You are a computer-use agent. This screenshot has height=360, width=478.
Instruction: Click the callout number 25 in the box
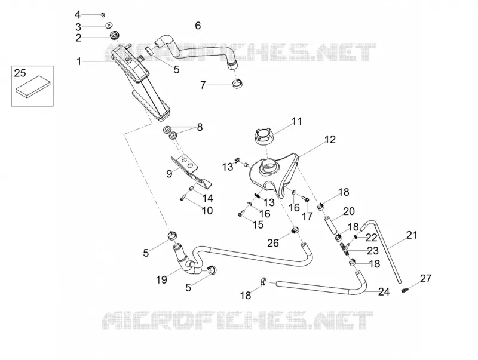(x=20, y=73)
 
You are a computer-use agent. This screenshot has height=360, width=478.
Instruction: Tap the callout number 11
(x=296, y=121)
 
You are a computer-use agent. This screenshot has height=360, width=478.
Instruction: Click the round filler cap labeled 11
(x=263, y=137)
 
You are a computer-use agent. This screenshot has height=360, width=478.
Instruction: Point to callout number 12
(x=330, y=140)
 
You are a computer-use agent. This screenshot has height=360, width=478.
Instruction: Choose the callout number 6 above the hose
(x=198, y=26)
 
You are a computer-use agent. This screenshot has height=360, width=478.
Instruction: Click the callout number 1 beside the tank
(x=79, y=61)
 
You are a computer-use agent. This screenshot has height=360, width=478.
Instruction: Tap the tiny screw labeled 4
(x=103, y=14)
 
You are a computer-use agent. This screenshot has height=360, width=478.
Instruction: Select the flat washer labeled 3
(x=109, y=25)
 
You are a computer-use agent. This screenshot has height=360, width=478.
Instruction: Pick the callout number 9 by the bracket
(x=169, y=174)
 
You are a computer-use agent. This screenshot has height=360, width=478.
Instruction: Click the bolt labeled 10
(x=182, y=198)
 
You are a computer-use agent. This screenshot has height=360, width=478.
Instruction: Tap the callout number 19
(x=161, y=279)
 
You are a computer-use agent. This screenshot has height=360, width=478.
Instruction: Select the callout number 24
(x=384, y=292)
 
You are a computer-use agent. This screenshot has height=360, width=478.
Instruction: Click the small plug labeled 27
(x=404, y=290)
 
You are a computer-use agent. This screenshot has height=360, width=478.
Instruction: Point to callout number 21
(x=412, y=235)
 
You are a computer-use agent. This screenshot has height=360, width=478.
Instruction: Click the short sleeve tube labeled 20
(x=331, y=224)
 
